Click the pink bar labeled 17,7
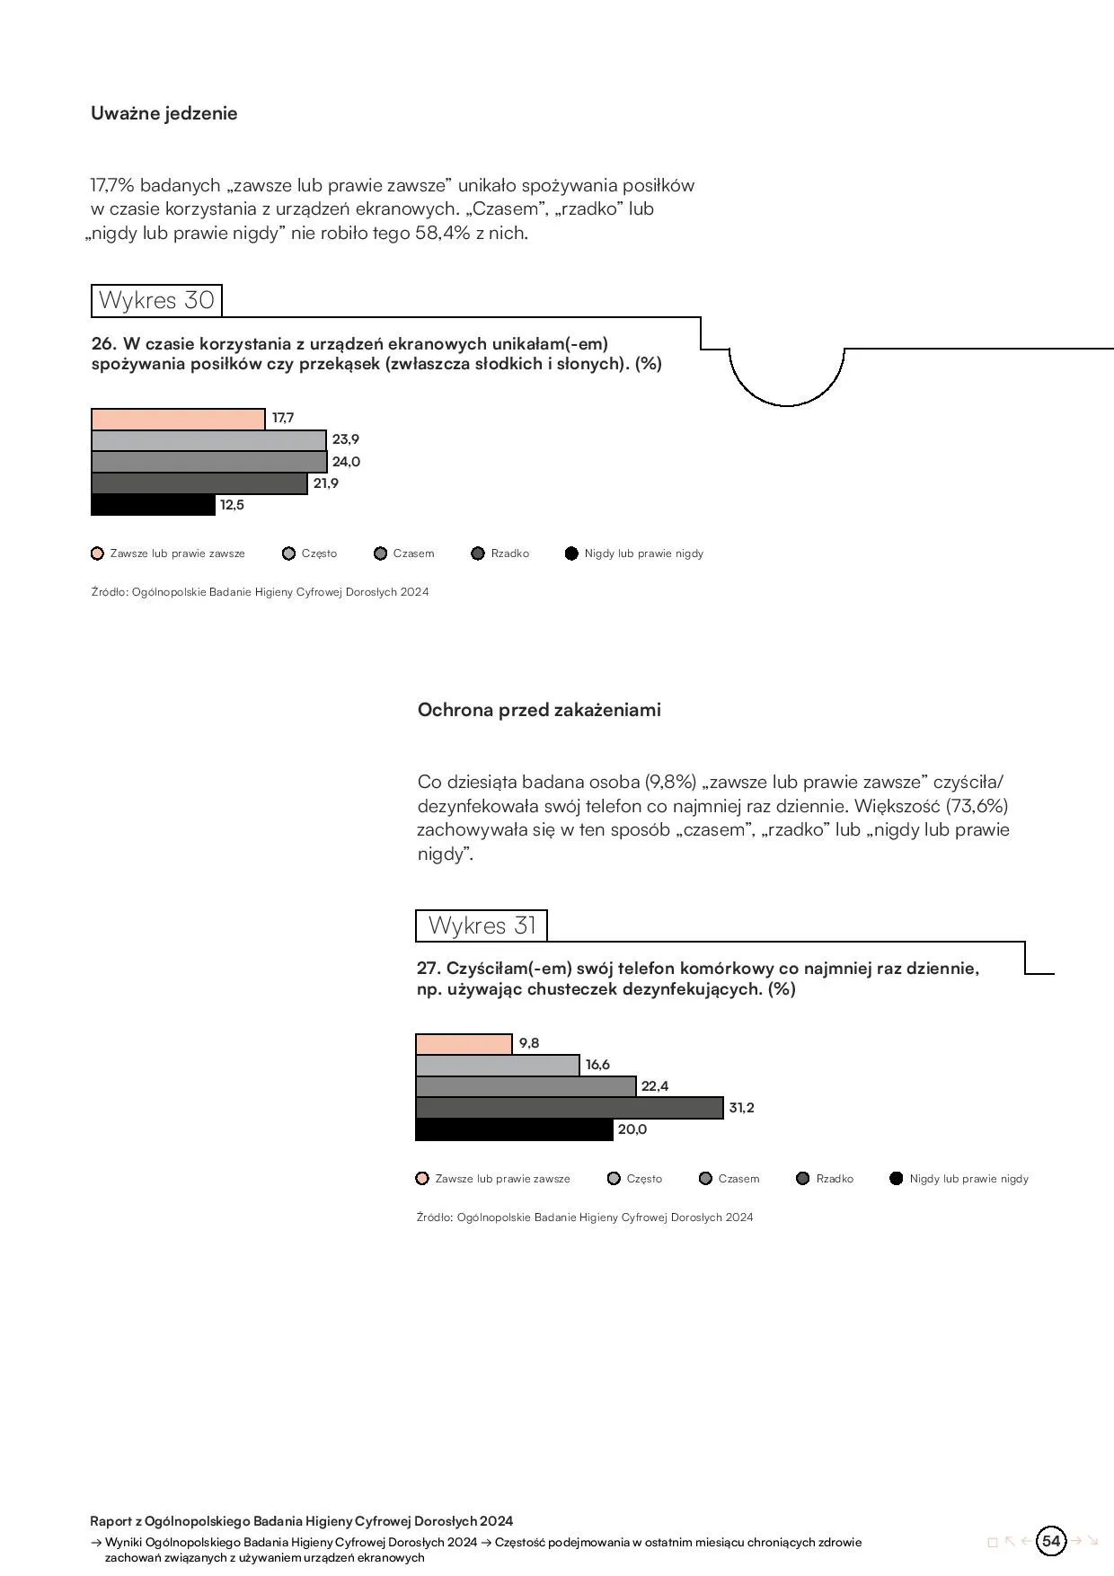pos(178,420)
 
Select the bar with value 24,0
pos(208,462)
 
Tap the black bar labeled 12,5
pos(154,505)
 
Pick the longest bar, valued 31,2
pos(569,1108)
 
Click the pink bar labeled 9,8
pos(464,1044)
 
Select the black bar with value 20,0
pos(514,1129)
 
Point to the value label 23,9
pos(346,439)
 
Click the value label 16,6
pos(597,1065)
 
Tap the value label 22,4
pos(655,1086)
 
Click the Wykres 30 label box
pos(156,300)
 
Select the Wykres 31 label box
pos(482,925)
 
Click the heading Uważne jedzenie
pos(164,113)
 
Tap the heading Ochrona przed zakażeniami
pos(539,710)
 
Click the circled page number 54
pos(1051,1541)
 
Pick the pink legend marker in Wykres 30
pos(98,553)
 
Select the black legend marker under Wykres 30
pos(571,553)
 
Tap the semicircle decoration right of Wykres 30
pos(787,377)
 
